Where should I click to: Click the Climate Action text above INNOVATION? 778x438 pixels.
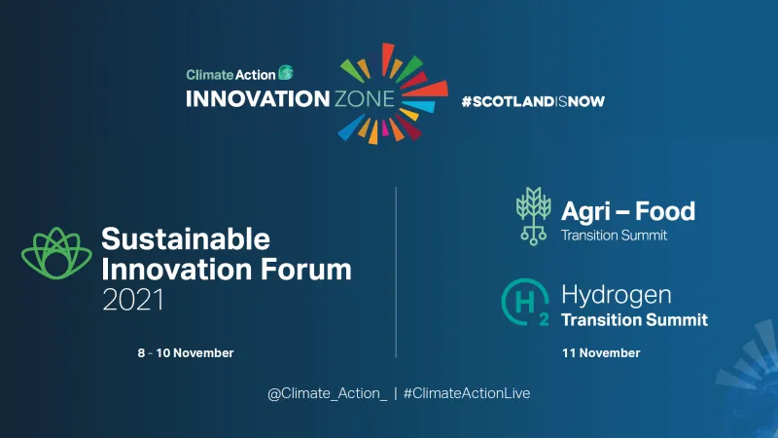point(230,73)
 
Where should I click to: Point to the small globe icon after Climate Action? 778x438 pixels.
point(286,72)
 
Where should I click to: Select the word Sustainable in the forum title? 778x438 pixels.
point(186,239)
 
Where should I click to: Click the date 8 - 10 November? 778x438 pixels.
point(186,352)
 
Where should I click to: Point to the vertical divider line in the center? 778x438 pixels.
point(396,273)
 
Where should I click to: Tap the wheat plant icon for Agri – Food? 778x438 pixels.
point(532,214)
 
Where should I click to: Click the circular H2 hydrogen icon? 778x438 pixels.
point(525,302)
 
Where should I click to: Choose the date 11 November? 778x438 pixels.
point(601,352)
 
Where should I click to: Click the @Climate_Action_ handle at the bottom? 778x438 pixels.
point(327,392)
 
